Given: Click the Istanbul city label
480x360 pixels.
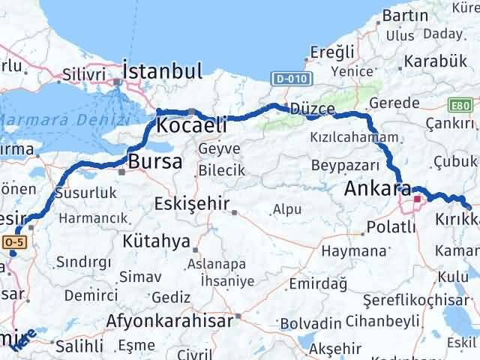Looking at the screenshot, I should tap(162, 72).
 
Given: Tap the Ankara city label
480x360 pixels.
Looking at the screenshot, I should tap(376, 189).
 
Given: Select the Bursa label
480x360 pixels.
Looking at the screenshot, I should tap(155, 160).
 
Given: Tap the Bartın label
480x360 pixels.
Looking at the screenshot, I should tap(404, 16).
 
